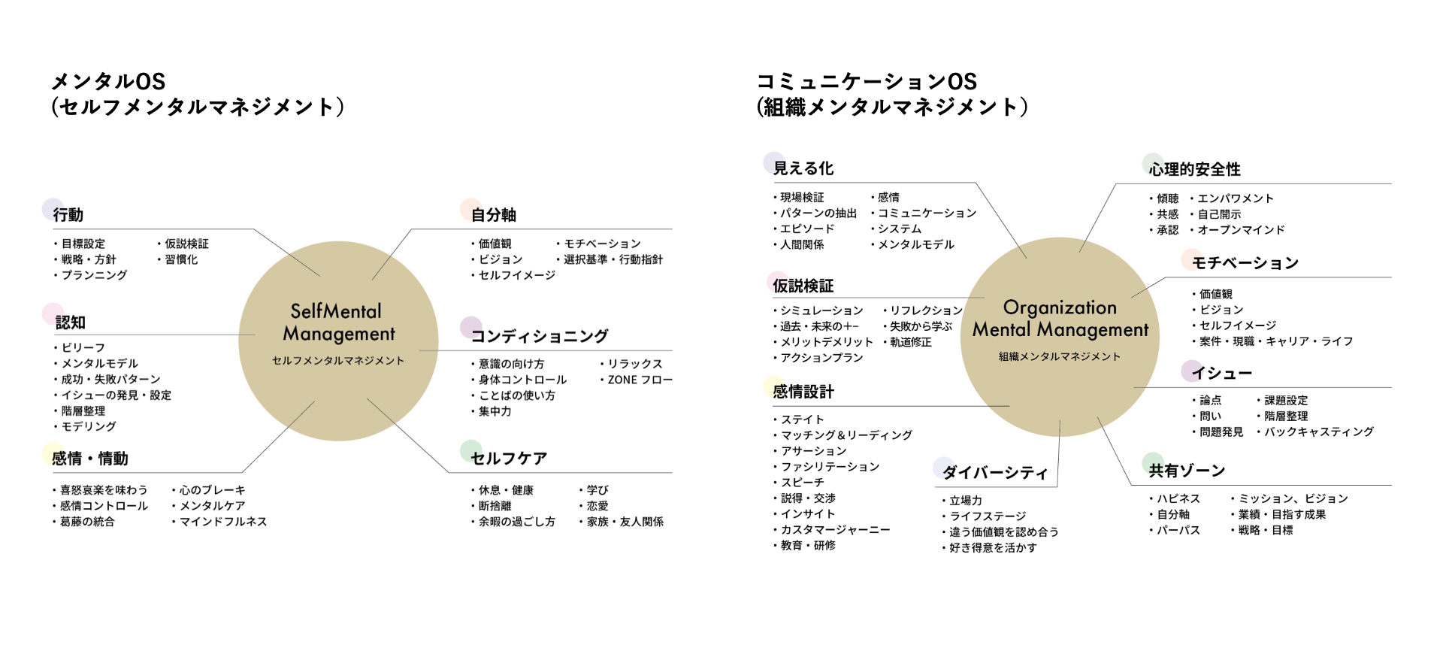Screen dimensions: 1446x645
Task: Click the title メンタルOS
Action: [108, 81]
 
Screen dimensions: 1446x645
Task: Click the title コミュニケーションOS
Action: [867, 81]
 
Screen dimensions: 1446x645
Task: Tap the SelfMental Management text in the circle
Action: [338, 322]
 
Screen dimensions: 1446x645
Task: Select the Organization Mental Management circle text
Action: [1060, 319]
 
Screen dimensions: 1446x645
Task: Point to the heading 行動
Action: [68, 215]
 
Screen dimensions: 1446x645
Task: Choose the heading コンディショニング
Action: [539, 336]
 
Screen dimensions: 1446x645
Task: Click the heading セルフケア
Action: [509, 459]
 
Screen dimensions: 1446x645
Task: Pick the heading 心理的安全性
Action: [1194, 169]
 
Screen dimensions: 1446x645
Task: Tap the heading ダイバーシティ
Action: [994, 472]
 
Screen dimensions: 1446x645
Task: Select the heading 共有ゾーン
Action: [1187, 471]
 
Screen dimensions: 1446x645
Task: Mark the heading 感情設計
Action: [803, 392]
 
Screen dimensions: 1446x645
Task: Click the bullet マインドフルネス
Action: [223, 522]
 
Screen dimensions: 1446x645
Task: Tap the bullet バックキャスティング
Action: [1318, 432]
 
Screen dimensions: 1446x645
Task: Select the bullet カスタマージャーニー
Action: [835, 530]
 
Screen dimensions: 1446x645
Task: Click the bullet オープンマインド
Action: [1241, 230]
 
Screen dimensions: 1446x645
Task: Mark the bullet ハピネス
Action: [1178, 498]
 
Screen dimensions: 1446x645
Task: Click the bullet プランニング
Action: [94, 275]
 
